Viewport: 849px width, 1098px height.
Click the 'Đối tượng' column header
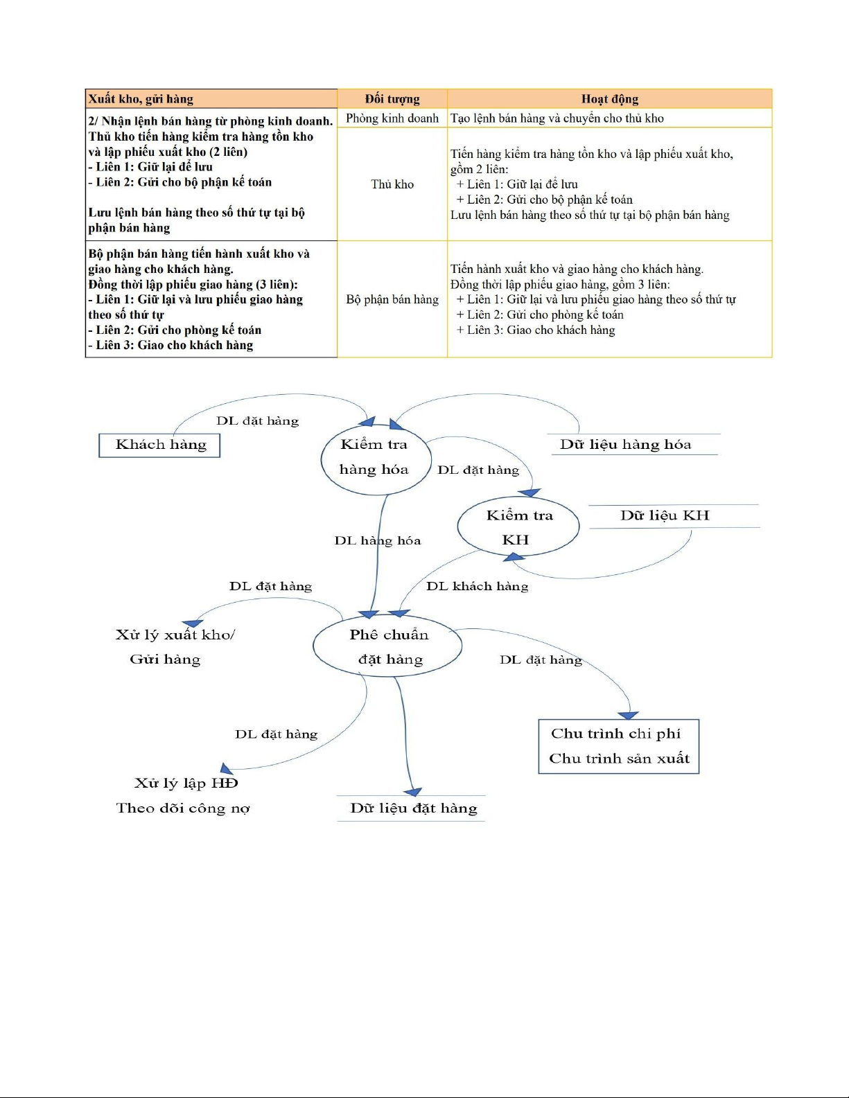pos(392,99)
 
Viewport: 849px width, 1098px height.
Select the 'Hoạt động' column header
pos(609,99)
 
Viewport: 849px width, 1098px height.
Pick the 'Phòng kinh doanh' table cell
pos(392,118)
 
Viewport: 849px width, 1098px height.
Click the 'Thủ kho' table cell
pos(392,184)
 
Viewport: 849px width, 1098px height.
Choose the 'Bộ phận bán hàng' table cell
pos(392,299)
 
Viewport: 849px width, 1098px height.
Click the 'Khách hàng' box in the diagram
pos(160,445)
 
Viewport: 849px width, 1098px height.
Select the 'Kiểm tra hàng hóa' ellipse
pos(375,457)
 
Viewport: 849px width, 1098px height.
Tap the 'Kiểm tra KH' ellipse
pos(518,527)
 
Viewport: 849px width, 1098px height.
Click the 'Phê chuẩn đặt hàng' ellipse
pos(388,646)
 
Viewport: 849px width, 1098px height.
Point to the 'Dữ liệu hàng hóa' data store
pos(625,445)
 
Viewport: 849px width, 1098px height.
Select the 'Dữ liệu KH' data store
pos(665,515)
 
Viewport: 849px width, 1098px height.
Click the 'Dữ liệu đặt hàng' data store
pos(413,808)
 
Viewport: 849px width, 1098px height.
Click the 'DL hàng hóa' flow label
pos(378,540)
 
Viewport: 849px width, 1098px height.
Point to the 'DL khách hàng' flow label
pos(477,586)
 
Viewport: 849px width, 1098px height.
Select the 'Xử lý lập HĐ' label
pos(186,783)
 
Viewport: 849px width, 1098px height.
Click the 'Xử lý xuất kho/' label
pos(175,635)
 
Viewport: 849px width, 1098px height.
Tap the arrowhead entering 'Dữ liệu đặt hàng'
pos(413,792)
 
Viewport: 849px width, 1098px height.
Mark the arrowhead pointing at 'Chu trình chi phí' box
pos(629,716)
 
